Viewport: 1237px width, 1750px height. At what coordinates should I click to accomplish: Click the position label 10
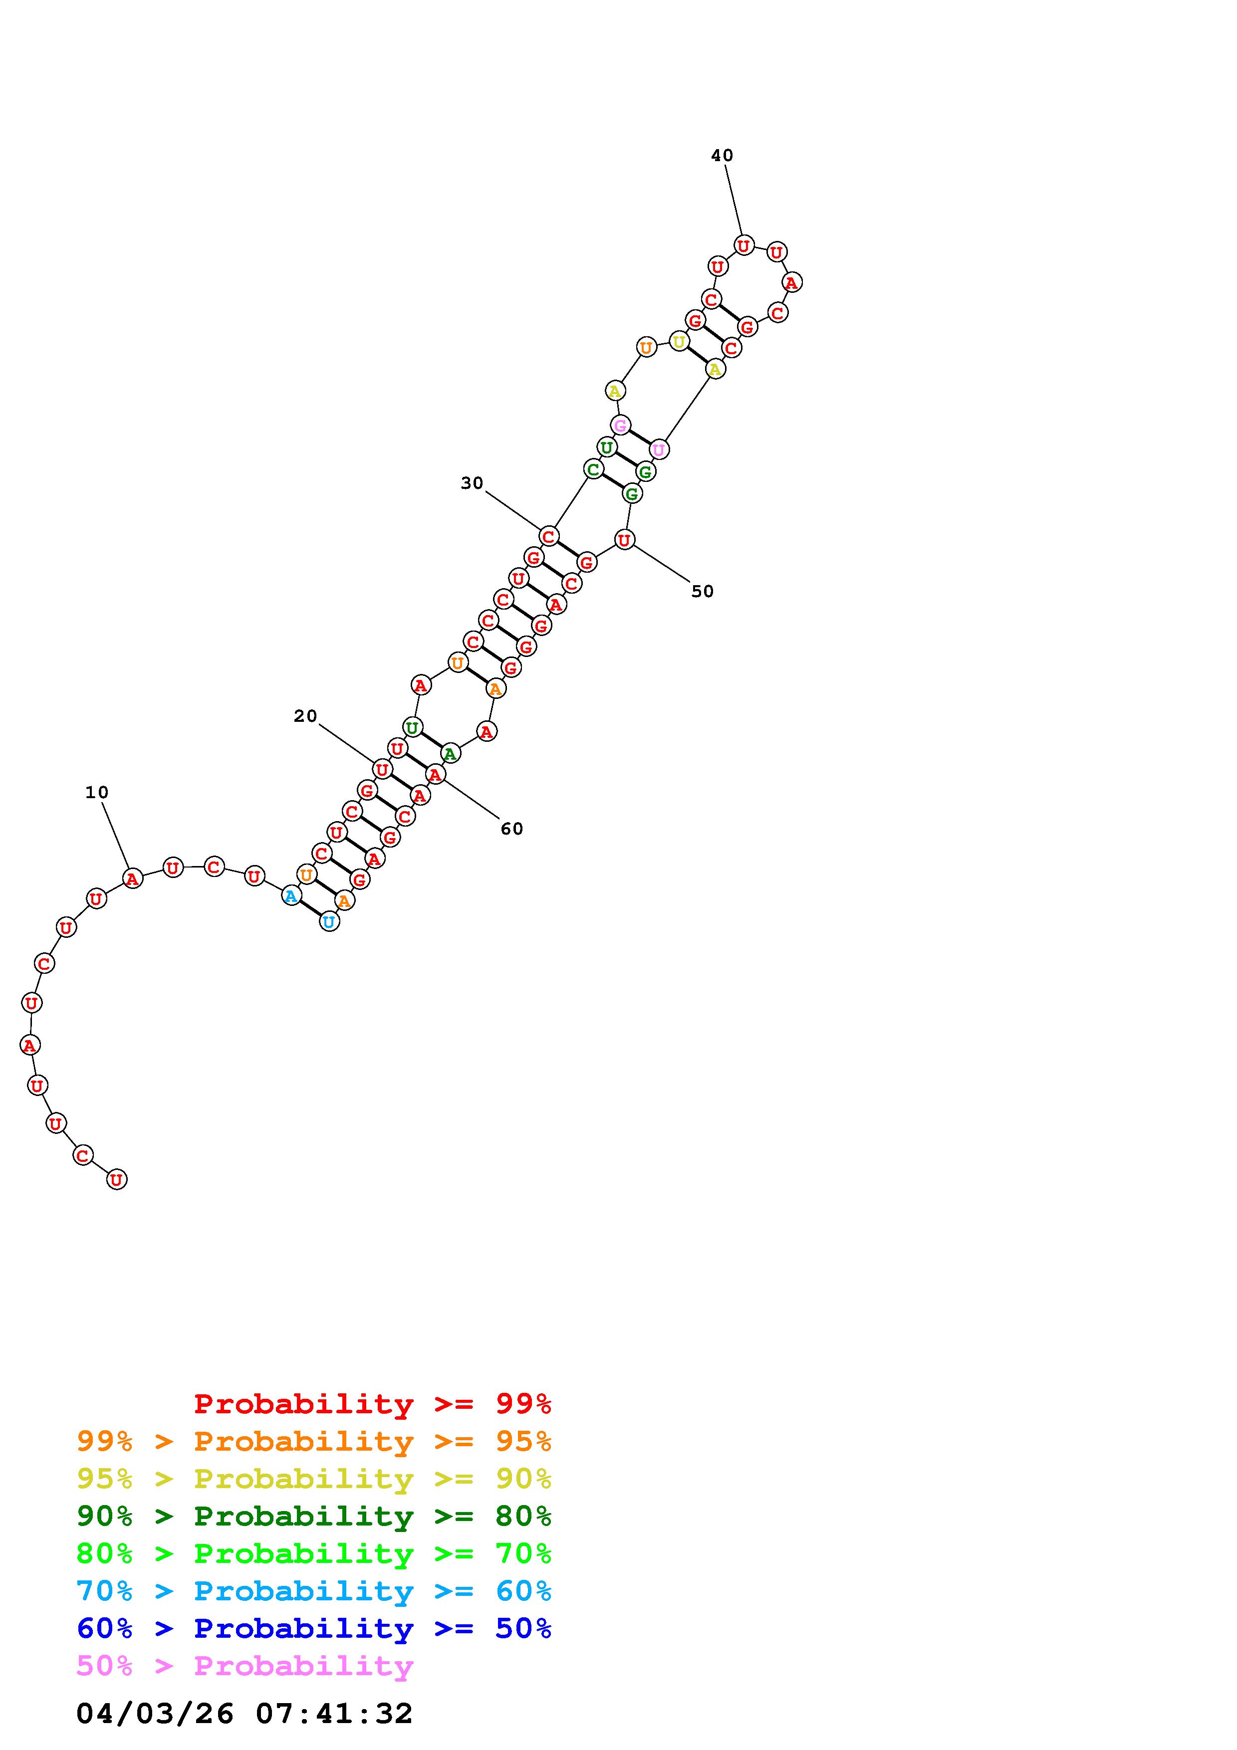(97, 793)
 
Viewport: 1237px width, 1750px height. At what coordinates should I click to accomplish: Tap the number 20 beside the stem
(305, 716)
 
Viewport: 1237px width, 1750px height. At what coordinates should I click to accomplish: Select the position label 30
(473, 483)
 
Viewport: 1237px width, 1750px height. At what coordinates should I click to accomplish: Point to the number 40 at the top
(722, 156)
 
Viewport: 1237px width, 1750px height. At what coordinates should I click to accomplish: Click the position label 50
(703, 592)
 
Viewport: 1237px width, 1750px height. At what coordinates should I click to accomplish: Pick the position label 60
(512, 829)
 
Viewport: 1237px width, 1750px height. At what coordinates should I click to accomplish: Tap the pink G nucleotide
(620, 426)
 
